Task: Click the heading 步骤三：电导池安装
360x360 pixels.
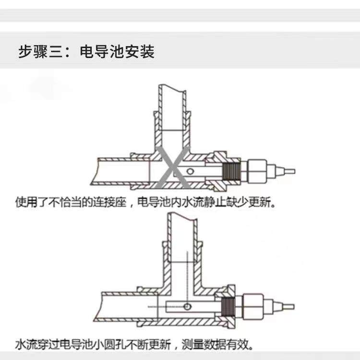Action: point(86,51)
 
